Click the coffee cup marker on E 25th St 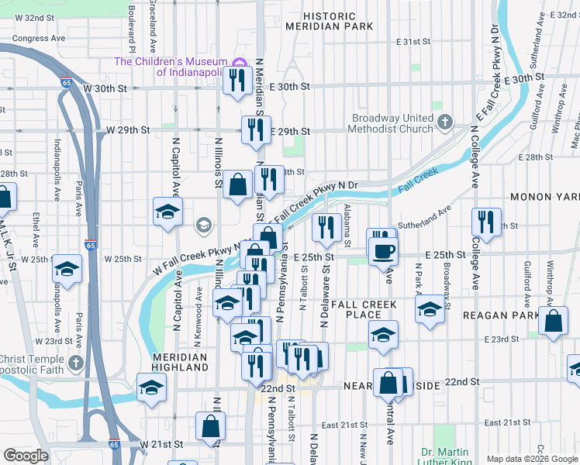click(383, 251)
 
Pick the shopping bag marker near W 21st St click(210, 425)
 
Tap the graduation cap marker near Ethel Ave click(67, 269)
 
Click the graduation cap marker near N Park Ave click(430, 310)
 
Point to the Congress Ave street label click(38, 37)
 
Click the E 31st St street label click(413, 41)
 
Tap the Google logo click(26, 456)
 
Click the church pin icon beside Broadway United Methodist click(444, 122)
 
